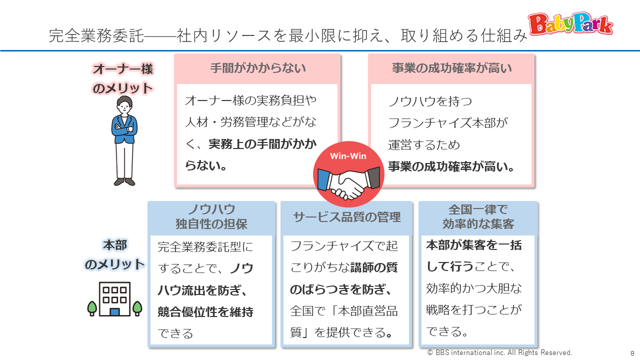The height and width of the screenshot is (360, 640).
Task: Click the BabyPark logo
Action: pos(570,24)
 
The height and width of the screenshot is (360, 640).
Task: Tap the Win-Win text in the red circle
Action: pos(348,156)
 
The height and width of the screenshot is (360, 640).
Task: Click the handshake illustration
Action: pos(348,183)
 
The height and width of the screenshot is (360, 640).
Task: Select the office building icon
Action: pos(114,299)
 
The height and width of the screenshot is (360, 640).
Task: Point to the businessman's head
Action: pos(124,105)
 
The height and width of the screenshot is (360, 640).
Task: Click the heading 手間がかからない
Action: pos(258,68)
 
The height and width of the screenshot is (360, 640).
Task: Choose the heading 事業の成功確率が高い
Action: pos(451,68)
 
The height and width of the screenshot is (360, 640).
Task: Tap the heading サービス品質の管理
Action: pos(347,217)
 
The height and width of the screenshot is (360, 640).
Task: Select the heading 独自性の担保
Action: pos(211,224)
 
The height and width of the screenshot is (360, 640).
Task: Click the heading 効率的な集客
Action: pos(478,224)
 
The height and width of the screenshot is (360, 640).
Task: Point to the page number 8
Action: pos(632,353)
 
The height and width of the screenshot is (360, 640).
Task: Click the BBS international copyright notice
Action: pos(499,352)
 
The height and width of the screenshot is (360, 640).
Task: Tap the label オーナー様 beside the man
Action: pos(123,69)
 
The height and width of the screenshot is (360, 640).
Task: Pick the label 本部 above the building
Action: pos(115,245)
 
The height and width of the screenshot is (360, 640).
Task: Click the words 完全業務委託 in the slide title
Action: pos(96,35)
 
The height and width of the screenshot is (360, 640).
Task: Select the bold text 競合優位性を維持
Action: pos(205,311)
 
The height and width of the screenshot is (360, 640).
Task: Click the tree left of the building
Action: pos(92,308)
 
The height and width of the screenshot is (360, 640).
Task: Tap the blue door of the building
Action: pos(114,311)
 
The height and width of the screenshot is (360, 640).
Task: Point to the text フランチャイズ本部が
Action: pos(447,123)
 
